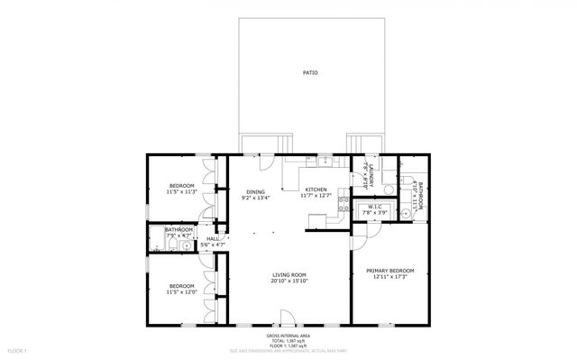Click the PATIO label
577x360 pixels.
tap(310, 72)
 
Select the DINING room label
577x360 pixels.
tap(256, 192)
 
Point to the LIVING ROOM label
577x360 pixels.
tap(289, 275)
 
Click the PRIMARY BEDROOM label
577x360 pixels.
tap(389, 271)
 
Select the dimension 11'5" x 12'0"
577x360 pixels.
tap(182, 292)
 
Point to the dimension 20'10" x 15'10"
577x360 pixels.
tap(289, 282)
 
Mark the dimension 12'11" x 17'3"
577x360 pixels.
tap(389, 277)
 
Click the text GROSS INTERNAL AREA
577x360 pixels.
tap(288, 334)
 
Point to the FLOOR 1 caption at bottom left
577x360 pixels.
tap(17, 349)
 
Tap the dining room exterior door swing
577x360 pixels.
tap(268, 162)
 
